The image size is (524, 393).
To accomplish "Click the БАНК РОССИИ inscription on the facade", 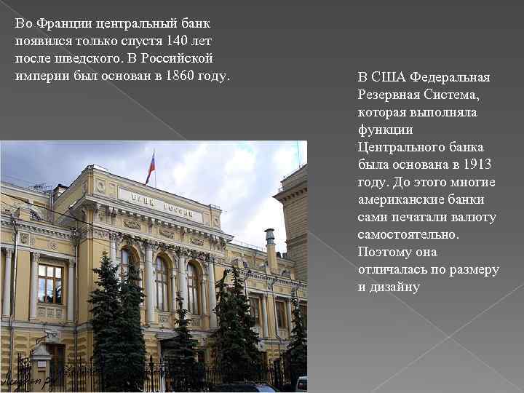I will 161,204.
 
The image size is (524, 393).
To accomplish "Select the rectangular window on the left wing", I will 50,284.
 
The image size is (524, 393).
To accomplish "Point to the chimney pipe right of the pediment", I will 271,247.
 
